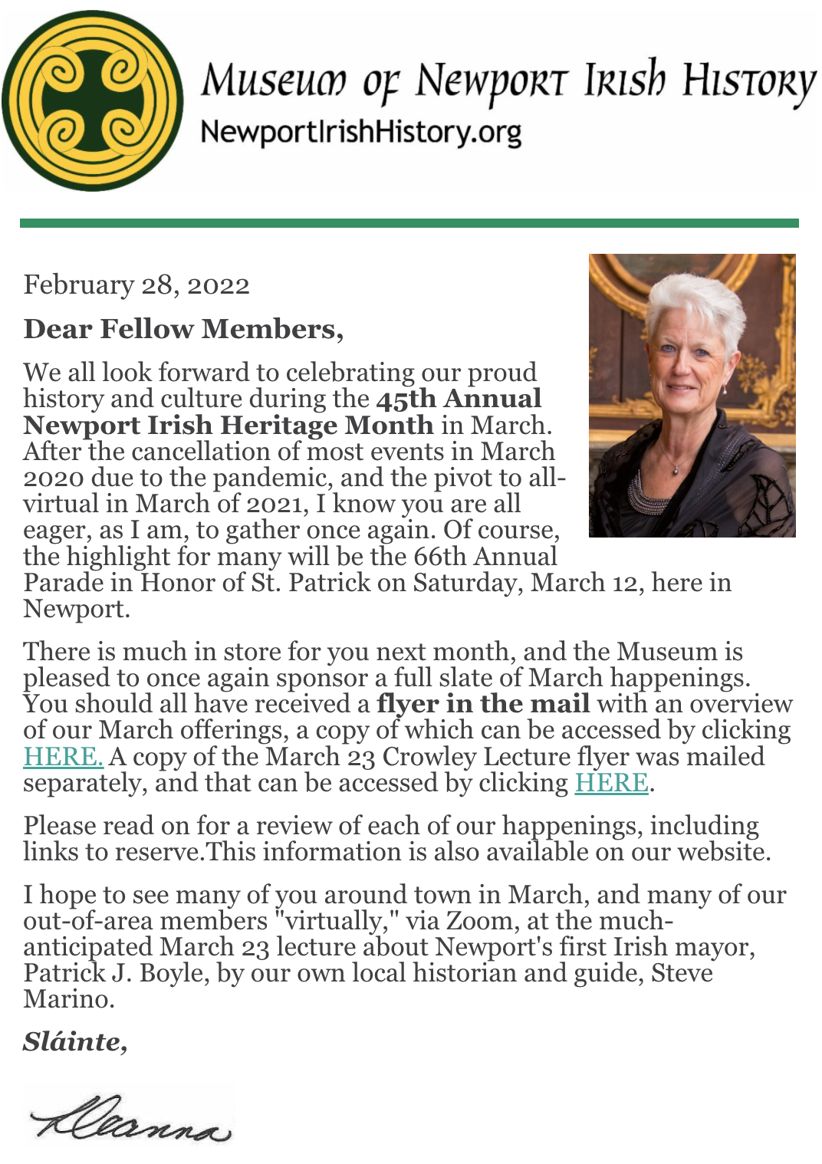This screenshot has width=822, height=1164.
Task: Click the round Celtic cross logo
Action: [92, 100]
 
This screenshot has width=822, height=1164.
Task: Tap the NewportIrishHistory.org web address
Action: [360, 132]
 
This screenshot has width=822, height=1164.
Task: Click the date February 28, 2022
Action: [136, 285]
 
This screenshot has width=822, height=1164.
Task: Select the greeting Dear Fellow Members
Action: [183, 329]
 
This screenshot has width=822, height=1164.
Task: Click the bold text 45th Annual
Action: [459, 399]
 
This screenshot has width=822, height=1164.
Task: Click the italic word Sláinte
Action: [74, 1041]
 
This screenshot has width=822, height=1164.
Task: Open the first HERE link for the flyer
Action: [63, 757]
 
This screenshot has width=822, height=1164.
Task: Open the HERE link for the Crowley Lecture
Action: [611, 783]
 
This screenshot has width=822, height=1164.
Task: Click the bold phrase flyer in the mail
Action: [483, 704]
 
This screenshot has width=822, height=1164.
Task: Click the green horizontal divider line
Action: [409, 223]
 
